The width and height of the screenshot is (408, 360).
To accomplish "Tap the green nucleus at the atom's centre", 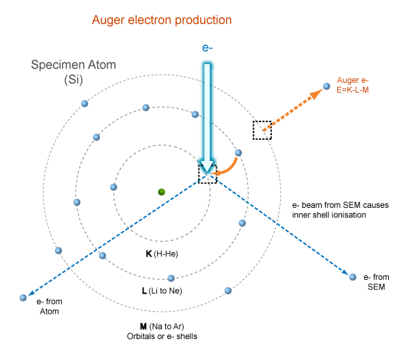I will (161, 192).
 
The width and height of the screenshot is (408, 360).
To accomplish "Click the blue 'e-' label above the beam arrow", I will (208, 48).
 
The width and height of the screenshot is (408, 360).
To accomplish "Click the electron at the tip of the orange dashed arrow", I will (326, 86).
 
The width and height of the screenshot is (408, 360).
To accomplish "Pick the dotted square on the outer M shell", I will (262, 130).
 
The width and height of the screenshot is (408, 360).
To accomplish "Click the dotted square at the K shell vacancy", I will (207, 173).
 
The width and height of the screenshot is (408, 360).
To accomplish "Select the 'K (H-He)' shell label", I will (162, 253).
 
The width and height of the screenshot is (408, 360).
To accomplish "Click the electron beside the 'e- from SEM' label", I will (352, 276).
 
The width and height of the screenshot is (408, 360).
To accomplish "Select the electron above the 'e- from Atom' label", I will (23, 297).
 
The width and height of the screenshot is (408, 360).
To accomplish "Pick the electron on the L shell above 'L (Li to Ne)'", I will (171, 277).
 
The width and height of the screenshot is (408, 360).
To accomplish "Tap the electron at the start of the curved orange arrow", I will (238, 153).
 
